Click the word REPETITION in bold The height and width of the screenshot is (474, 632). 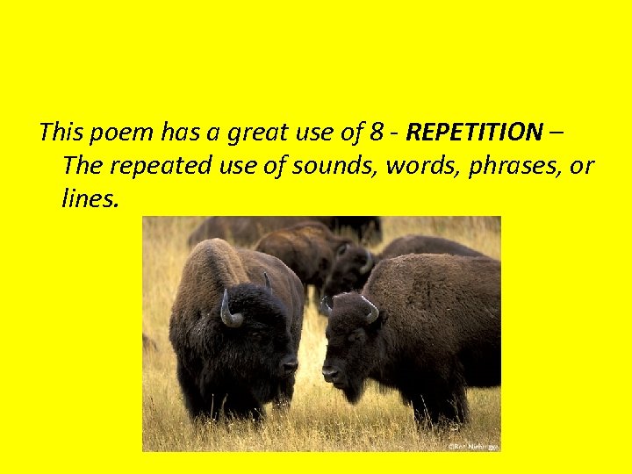click(x=474, y=133)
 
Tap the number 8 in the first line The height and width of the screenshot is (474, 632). click(x=376, y=133)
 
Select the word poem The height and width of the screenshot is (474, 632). click(x=119, y=133)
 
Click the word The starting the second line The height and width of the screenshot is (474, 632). click(x=83, y=166)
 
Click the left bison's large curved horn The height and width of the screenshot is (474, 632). click(x=228, y=311)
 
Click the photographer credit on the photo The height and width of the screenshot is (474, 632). click(x=473, y=446)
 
